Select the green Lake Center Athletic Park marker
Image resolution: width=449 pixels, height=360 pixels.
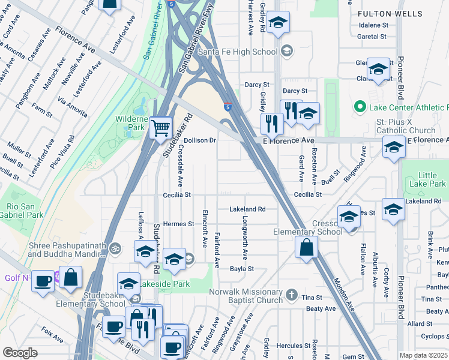pyautogui.click(x=360, y=107)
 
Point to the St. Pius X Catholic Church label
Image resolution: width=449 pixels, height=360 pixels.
pyautogui.click(x=406, y=126)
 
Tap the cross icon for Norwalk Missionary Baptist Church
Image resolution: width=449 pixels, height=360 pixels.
pyautogui.click(x=291, y=294)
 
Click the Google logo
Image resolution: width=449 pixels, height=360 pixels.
pyautogui.click(x=20, y=353)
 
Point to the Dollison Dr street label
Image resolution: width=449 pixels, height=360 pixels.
pyautogui.click(x=199, y=140)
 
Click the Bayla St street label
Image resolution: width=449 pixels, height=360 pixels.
pyautogui.click(x=243, y=269)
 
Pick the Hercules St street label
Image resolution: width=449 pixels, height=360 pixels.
pyautogui.click(x=294, y=346)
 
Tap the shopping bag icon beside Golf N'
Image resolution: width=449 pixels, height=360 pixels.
pyautogui.click(x=71, y=279)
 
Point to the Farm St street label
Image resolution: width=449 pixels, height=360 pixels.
pyautogui.click(x=43, y=110)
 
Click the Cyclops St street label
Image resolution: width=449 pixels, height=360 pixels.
pyautogui.click(x=435, y=336)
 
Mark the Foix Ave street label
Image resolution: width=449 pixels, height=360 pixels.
pyautogui.click(x=53, y=335)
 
